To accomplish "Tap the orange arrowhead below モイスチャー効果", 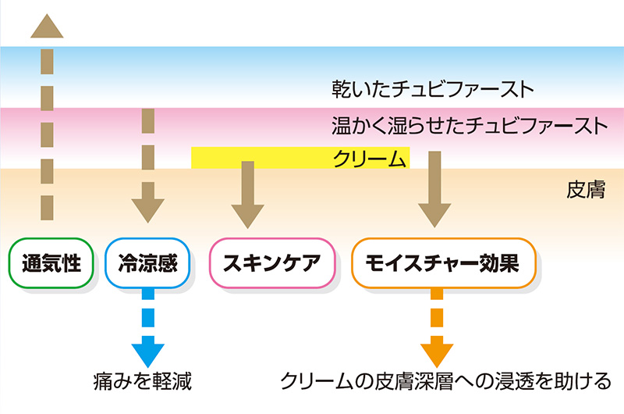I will click(435, 353).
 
